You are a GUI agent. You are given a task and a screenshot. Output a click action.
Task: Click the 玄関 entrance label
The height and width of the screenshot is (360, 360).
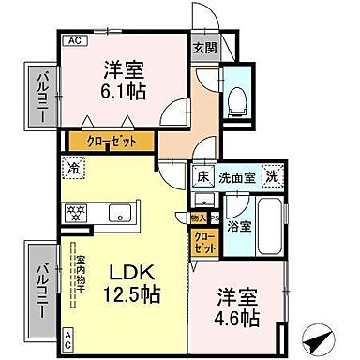click(x=203, y=48)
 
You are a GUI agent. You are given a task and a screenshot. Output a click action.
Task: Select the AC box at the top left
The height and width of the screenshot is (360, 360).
click(x=71, y=41)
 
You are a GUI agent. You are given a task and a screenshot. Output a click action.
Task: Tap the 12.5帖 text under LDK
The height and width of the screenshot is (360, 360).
click(x=136, y=294)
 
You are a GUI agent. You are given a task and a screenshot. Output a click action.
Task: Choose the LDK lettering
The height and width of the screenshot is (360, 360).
click(x=135, y=271)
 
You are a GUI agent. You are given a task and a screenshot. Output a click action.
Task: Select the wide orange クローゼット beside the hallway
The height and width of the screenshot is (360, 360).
click(x=111, y=141)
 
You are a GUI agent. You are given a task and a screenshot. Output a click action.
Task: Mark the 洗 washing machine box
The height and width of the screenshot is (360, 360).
click(x=272, y=175)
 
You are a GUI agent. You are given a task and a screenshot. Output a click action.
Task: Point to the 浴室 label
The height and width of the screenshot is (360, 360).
click(x=238, y=226)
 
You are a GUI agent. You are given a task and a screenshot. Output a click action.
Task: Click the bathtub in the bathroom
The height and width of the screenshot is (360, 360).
click(x=272, y=229)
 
